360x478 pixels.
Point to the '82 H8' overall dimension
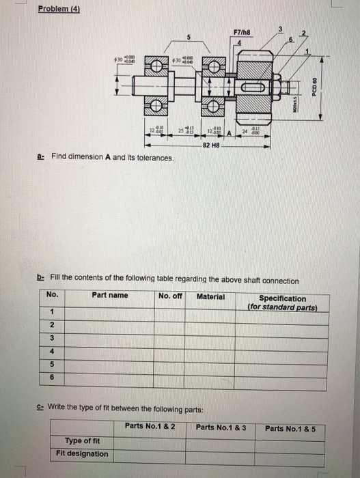211,145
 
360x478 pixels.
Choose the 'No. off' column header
170,296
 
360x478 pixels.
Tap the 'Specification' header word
283,298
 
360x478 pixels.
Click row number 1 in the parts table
53,312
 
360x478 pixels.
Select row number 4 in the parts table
53,351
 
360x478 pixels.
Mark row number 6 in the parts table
53,376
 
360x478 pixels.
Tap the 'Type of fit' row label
82,440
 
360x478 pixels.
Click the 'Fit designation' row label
82,453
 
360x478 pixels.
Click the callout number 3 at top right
279,28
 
